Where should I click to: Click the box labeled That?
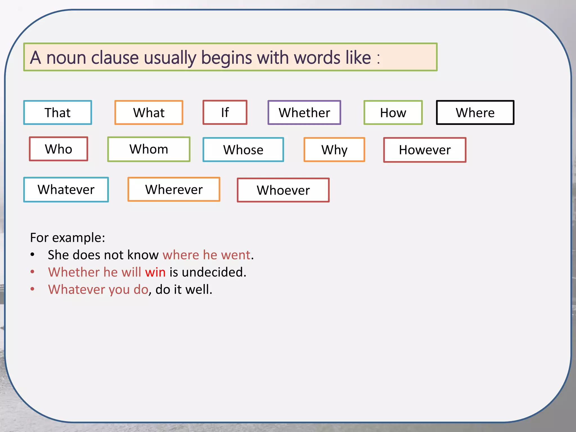coord(58,112)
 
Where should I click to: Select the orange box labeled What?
coord(149,112)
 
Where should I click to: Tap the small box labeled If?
coord(225,112)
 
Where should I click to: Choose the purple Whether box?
coord(304,112)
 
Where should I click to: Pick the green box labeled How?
coord(393,112)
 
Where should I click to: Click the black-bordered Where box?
coord(475,112)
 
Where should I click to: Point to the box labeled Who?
coord(58,149)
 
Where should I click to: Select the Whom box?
coord(149,149)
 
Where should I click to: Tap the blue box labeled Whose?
coord(243,150)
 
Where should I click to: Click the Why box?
coord(334,150)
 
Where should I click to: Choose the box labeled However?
coord(425,150)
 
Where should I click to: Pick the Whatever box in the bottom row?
coord(66,190)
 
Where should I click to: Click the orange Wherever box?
coord(174,189)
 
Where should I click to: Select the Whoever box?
coord(283,190)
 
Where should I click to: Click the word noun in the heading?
coord(66,58)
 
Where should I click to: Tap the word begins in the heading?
coord(226,58)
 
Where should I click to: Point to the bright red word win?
coord(155,272)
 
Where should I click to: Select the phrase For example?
coord(67,238)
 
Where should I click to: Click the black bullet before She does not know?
coord(33,255)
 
